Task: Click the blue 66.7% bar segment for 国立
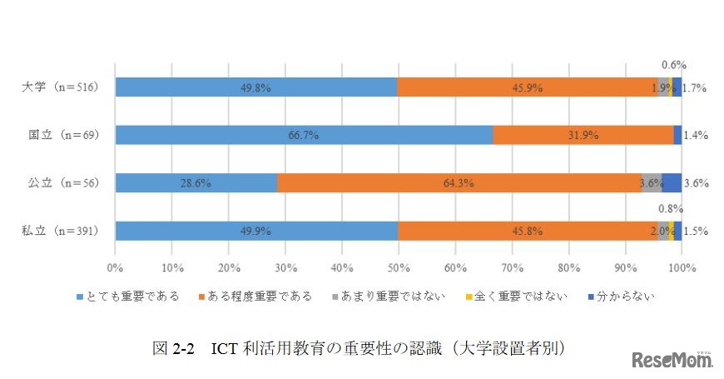[x=304, y=134]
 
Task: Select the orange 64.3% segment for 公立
[x=469, y=183]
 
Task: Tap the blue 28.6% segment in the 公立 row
[x=196, y=183]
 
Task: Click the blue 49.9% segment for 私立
[x=256, y=231]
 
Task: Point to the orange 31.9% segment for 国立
[x=583, y=134]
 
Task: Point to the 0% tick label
[x=116, y=268]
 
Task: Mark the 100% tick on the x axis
[x=682, y=268]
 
